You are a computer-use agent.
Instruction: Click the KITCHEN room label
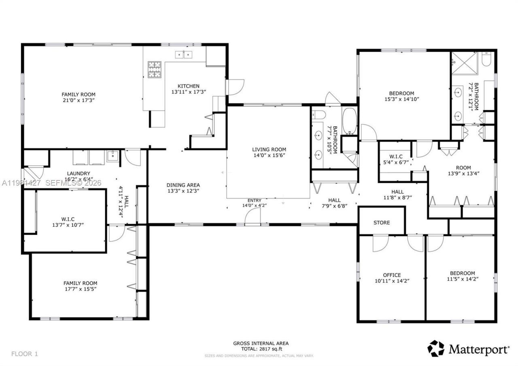click(x=188, y=86)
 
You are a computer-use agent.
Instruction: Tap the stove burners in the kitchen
click(x=154, y=69)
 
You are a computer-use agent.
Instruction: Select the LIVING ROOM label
click(x=269, y=149)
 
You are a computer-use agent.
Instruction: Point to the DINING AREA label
click(x=183, y=185)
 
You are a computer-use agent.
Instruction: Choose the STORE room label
click(x=381, y=223)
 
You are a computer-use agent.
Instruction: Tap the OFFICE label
click(x=392, y=275)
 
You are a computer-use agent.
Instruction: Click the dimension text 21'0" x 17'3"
click(x=79, y=100)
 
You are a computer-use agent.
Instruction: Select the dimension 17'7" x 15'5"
click(x=80, y=289)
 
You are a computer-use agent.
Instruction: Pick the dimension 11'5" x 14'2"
click(x=461, y=279)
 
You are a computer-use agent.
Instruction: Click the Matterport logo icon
click(x=435, y=348)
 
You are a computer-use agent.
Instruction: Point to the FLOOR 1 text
click(x=24, y=353)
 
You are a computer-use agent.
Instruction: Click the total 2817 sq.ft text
click(x=261, y=349)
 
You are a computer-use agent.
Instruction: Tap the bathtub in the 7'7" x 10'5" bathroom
click(x=349, y=121)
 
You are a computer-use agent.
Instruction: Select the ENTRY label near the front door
click(x=255, y=200)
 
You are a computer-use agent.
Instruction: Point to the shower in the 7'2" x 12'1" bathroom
click(x=465, y=64)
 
